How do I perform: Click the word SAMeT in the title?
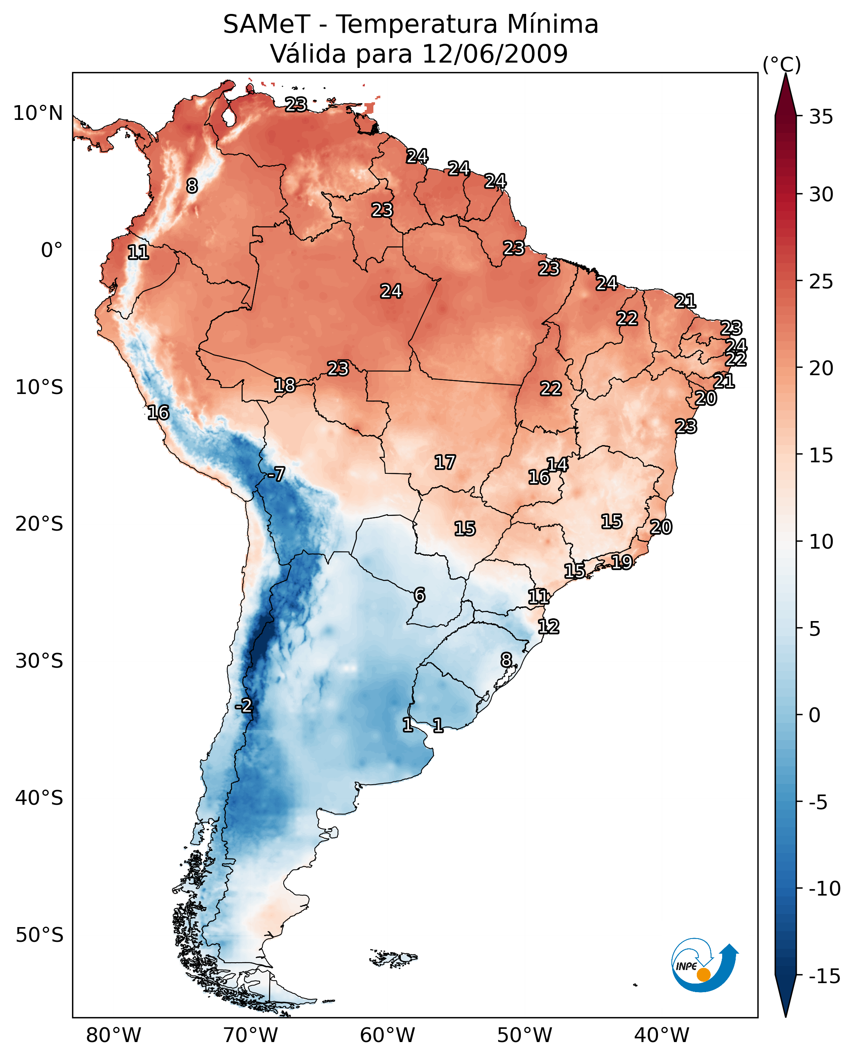[x=266, y=25]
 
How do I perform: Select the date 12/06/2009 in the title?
[x=495, y=54]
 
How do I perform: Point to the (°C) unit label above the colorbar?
[x=781, y=64]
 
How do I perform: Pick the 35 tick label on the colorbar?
[x=821, y=117]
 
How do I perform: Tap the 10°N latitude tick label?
[x=38, y=114]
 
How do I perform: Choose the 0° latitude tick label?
[x=52, y=250]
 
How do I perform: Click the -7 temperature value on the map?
[x=276, y=474]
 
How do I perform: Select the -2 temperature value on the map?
[x=244, y=706]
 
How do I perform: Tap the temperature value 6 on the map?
[x=419, y=595]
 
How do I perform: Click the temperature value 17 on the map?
[x=445, y=462]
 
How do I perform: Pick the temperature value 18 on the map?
[x=285, y=385]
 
